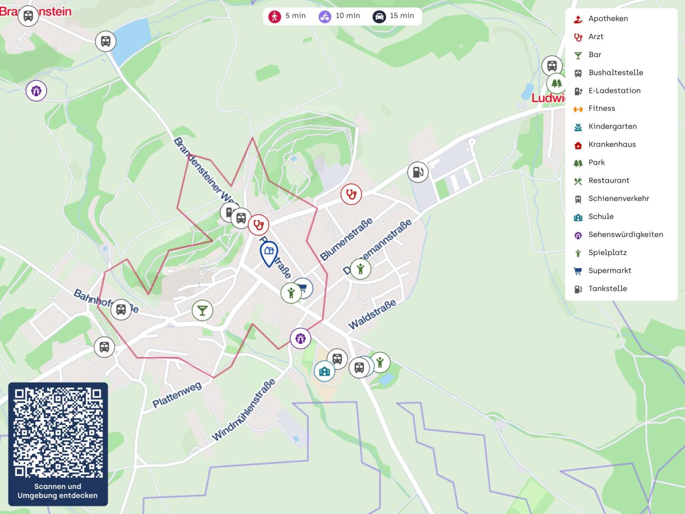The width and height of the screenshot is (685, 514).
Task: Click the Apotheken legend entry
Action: [x=607, y=19]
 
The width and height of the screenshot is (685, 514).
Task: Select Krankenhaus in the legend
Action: [x=611, y=144]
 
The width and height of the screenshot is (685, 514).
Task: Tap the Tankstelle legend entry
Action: [x=607, y=288]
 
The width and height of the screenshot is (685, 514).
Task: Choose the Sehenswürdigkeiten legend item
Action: [x=625, y=235]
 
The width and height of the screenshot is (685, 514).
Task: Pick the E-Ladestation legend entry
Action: [x=614, y=90]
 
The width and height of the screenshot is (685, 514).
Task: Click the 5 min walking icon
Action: [x=275, y=16]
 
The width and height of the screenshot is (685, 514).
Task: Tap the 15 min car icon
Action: [x=379, y=16]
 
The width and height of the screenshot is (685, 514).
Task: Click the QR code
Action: [x=58, y=432]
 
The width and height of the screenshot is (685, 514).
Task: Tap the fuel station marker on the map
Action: [x=418, y=172]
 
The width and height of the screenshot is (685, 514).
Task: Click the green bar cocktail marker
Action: [x=202, y=310]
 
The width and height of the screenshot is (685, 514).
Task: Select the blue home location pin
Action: [x=269, y=252]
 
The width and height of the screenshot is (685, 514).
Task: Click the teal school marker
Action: [x=324, y=371]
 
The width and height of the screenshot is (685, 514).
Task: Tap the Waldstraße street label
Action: [x=372, y=315]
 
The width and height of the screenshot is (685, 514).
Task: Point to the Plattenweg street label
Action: [x=177, y=395]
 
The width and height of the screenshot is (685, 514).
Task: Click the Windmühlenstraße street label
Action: [x=244, y=409]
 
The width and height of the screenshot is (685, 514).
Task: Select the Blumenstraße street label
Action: [x=346, y=239]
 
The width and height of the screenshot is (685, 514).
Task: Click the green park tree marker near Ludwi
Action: [x=556, y=84]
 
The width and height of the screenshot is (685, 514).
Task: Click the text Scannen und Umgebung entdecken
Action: [x=58, y=491]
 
